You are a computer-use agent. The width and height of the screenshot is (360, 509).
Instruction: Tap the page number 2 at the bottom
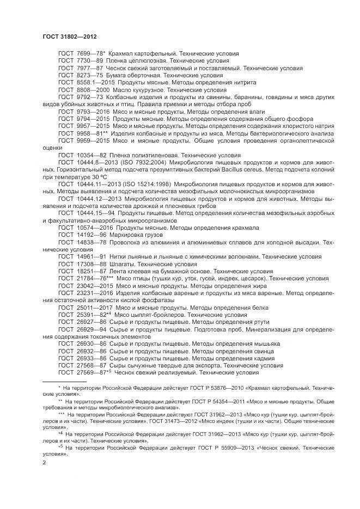(44, 462)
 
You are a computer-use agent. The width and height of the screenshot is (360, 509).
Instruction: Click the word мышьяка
(266, 344)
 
